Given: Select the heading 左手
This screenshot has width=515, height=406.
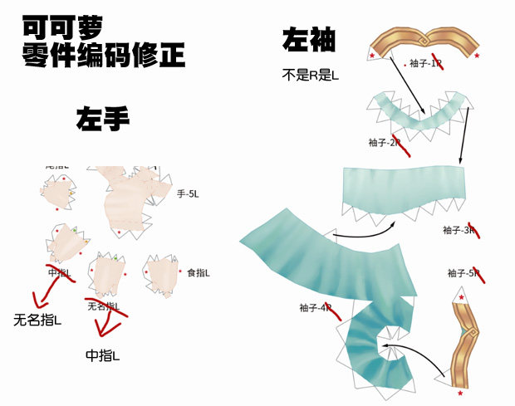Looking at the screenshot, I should coord(103,120).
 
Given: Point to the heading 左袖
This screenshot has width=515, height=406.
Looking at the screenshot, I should coord(310,41).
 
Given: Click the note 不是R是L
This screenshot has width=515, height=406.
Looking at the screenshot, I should coord(311,76).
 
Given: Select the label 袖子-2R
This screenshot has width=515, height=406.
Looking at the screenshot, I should coord(385,142).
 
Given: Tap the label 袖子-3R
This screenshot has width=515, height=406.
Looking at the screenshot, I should coord(459,230).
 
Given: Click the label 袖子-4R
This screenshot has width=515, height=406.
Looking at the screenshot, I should coord(316,307).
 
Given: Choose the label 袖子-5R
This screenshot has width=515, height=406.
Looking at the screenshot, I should coord(463,272).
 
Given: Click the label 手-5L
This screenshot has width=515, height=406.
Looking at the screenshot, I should coord(188,193).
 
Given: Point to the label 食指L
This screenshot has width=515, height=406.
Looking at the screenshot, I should coord(199,272).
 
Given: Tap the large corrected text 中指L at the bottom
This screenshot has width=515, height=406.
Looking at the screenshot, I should coord(103,355).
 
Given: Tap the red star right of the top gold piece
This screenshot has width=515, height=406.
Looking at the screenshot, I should coord(477,56).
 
